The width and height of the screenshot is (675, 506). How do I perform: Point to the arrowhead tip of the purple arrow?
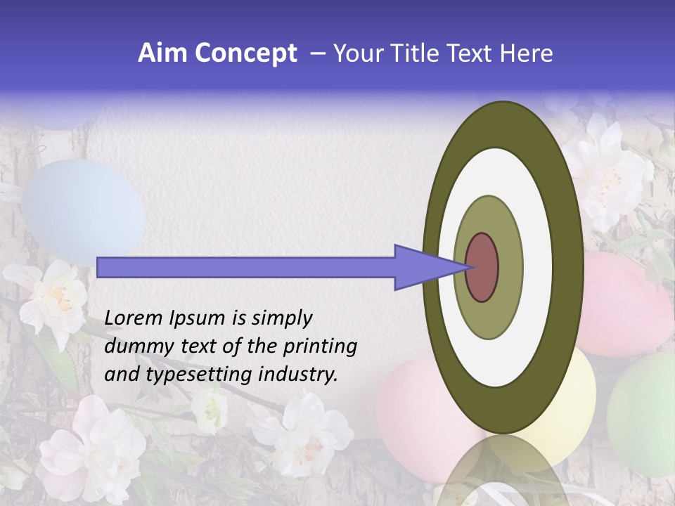tap(468, 267)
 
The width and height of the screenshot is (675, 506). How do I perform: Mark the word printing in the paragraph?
tap(320, 346)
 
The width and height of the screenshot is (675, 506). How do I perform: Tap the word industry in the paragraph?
tap(297, 375)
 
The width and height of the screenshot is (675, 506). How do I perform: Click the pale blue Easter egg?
tap(81, 211)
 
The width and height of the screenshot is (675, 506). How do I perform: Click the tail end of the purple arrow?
tap(101, 267)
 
